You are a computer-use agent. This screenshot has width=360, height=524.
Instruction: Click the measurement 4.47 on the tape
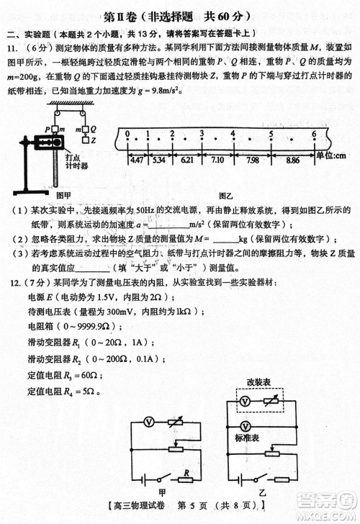(137, 158)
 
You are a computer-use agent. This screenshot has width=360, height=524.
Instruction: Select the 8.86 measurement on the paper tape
(292, 158)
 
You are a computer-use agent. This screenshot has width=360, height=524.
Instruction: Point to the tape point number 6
(314, 135)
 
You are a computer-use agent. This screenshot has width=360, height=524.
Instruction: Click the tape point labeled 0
(127, 135)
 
